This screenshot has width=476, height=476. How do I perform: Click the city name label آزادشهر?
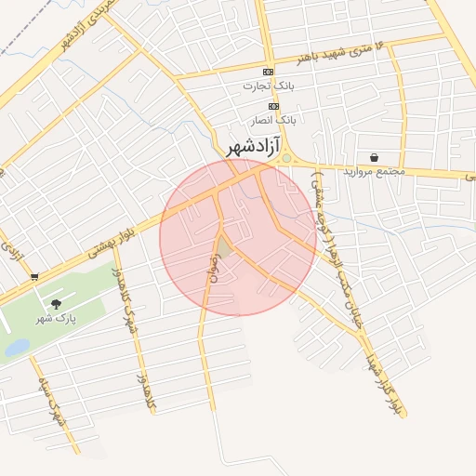[255, 147]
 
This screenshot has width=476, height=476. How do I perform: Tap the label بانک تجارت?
[268, 86]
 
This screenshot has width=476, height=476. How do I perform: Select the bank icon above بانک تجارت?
[269, 72]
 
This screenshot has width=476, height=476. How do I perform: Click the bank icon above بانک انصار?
[273, 106]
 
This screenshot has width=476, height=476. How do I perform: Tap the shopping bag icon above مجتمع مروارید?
[374, 157]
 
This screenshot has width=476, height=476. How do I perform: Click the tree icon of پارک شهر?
[56, 304]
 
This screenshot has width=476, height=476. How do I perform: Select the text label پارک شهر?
[56, 318]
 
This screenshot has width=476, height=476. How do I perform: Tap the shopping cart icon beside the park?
[34, 276]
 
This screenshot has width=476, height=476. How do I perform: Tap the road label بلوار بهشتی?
[119, 233]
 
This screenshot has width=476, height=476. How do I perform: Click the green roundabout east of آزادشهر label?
[287, 158]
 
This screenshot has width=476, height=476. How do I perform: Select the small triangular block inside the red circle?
[224, 247]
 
